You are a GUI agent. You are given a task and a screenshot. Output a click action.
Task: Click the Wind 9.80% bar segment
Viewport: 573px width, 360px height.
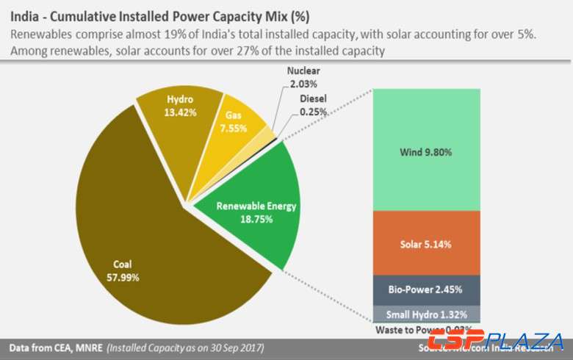point(426,151)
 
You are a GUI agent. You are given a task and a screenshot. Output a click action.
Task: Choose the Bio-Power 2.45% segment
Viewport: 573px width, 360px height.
point(426,290)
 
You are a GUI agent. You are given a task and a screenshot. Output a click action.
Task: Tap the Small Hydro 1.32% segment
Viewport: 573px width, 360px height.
point(426,314)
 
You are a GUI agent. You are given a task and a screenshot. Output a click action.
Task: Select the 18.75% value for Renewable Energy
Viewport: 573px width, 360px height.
point(256,219)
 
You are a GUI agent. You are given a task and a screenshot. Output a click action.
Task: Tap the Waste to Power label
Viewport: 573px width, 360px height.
point(411,330)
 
